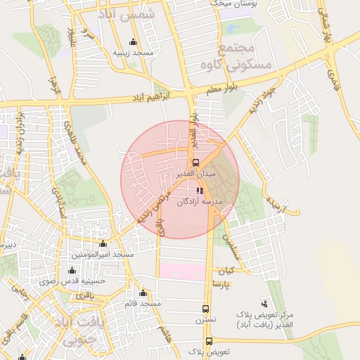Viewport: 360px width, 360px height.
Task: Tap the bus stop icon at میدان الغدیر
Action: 195,162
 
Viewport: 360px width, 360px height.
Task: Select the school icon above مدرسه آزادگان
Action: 200,190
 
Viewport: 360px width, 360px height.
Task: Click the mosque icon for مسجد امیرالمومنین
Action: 103,243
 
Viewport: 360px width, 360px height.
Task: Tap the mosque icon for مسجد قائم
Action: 143,293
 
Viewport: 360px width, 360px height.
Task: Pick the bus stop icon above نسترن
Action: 206,309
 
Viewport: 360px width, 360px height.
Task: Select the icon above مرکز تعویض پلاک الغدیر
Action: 264,303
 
